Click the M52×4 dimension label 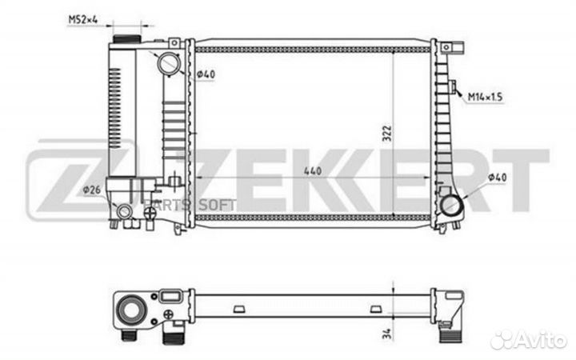(x=83, y=19)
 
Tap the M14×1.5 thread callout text (x=485, y=97)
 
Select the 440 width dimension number (x=313, y=171)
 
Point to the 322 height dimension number (x=387, y=134)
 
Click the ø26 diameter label (x=91, y=190)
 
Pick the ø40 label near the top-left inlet (x=206, y=74)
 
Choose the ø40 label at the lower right (x=497, y=178)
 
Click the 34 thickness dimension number (x=387, y=334)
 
